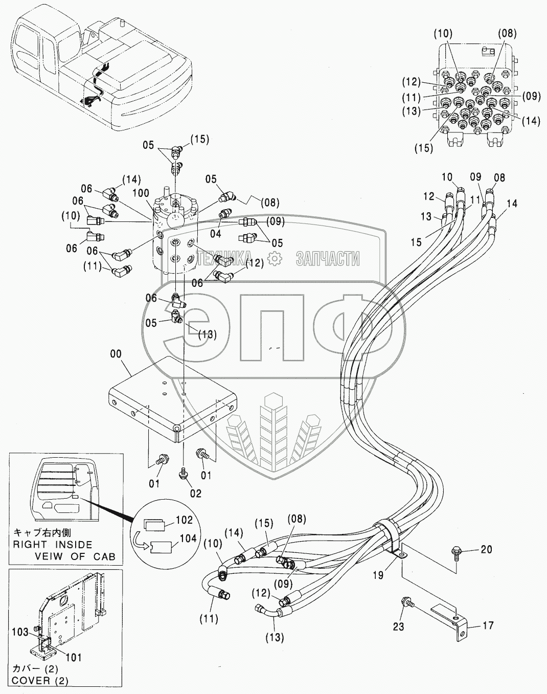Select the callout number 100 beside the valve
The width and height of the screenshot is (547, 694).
(142, 194)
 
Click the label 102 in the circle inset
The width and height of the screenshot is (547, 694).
(184, 520)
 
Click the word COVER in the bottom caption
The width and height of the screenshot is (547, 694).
(32, 681)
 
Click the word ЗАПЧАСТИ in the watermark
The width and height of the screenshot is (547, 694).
(327, 259)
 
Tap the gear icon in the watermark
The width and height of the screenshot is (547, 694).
(275, 259)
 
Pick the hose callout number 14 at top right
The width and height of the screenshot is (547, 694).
(512, 204)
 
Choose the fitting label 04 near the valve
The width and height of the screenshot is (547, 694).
(216, 234)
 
